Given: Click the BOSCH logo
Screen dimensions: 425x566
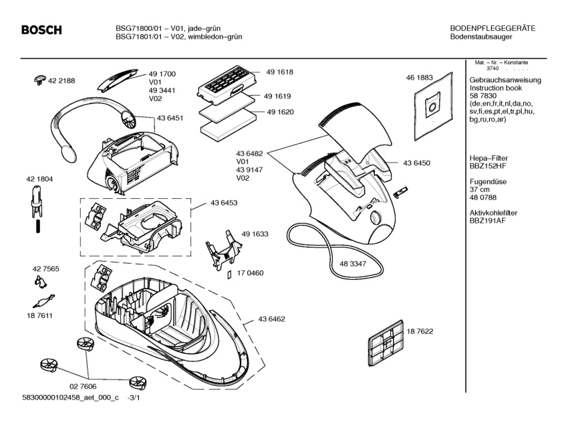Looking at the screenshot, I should tap(41, 30).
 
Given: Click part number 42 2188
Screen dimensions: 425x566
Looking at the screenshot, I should tap(61, 80).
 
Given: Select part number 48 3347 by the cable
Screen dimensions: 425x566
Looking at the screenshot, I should tap(352, 264).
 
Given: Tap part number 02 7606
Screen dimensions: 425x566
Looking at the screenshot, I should tap(82, 387).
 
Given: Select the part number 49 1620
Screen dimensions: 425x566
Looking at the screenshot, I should tap(280, 112).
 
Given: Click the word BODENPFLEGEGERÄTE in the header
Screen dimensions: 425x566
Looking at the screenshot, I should tap(492, 28).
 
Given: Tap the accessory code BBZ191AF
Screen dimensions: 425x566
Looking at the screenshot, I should tap(488, 220).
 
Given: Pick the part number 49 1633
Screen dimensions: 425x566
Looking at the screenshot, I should tap(255, 234).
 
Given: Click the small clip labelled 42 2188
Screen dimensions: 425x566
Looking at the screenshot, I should tap(39, 81).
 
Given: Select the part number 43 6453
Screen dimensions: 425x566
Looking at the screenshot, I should tap(224, 202).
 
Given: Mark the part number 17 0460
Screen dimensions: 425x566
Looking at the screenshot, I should tap(250, 273).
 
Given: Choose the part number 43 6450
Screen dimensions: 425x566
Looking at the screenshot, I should tap(416, 163).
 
